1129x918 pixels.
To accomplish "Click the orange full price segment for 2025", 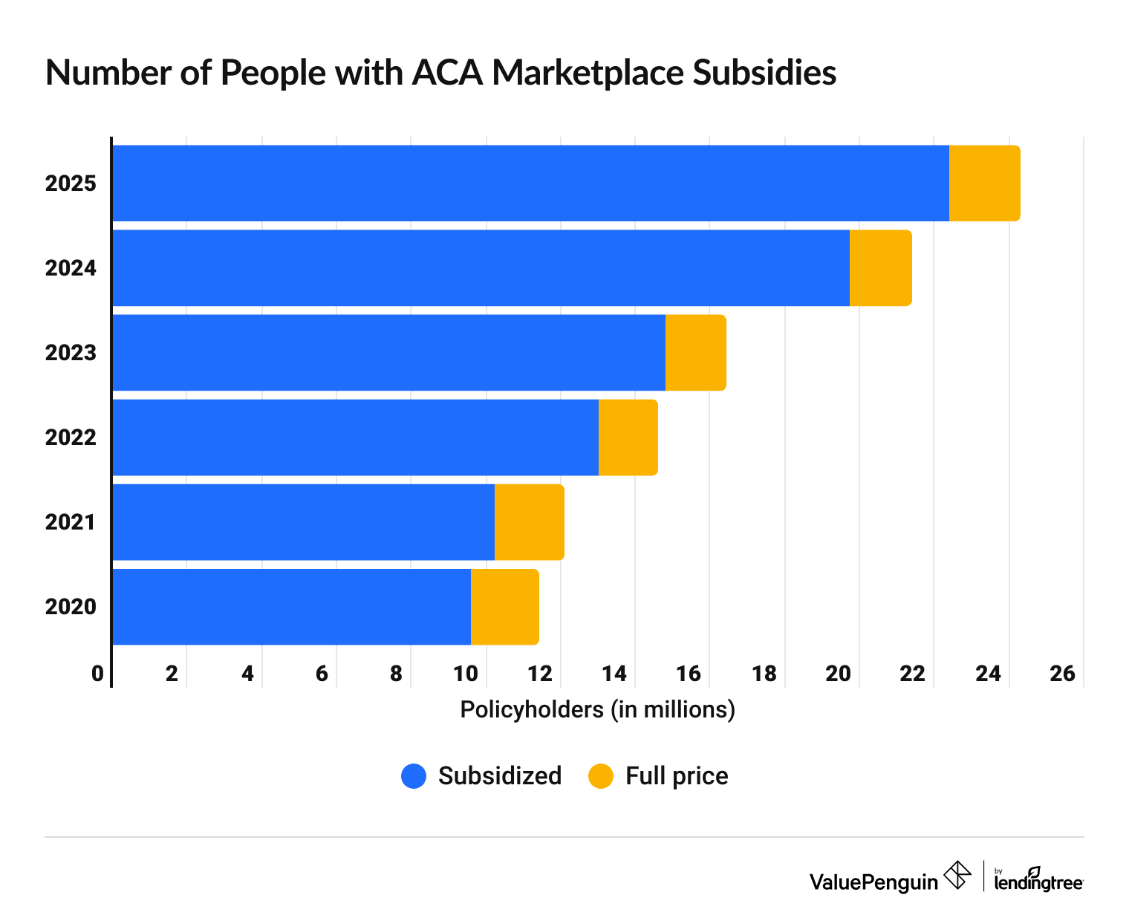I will tap(984, 183).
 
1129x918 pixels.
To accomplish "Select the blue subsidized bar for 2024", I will tap(481, 268).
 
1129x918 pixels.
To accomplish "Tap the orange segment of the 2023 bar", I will tap(695, 353).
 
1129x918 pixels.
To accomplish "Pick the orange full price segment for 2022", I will tap(628, 437).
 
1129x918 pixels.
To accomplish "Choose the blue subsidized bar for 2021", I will tap(303, 522).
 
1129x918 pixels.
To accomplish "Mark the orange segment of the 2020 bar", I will tap(504, 607).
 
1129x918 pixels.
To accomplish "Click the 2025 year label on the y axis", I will tap(71, 183).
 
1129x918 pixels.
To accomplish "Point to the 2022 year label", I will tap(71, 437).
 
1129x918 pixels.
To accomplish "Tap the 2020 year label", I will tap(71, 607).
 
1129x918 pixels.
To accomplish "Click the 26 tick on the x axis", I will tap(1062, 674).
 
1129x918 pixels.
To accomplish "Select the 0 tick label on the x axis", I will tap(97, 674).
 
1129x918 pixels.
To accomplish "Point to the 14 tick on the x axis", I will tap(614, 674).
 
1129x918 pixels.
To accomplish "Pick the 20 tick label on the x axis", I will tap(838, 674).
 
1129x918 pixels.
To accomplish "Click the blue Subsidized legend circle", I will tap(414, 776).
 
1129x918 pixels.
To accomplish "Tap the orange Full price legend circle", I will tap(601, 776).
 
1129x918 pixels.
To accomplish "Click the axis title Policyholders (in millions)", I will tap(597, 710).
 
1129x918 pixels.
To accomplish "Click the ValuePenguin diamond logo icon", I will tap(957, 875).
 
